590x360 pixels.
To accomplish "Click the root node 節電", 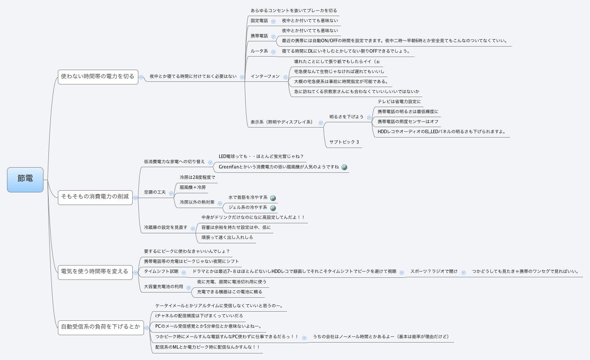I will tap(25, 179).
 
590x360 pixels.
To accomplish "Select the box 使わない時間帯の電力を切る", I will tap(97, 76).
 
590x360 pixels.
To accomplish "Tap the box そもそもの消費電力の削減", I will tap(95, 197).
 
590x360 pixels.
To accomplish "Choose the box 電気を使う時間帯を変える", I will tap(94, 272).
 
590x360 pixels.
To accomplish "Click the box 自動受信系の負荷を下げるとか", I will tap(101, 327).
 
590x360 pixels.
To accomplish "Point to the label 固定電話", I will tap(259, 20).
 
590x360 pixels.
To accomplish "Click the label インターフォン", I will tap(265, 77).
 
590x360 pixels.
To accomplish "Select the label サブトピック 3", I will tap(344, 142).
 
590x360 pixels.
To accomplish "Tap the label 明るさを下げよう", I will tap(346, 117).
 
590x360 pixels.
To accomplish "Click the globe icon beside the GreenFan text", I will tap(344, 167).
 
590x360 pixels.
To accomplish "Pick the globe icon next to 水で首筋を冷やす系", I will tap(273, 198).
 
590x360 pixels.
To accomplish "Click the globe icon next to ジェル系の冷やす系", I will tap(273, 208).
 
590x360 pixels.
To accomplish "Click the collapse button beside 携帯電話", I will tap(273, 36).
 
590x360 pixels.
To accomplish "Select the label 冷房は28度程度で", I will tap(197, 178).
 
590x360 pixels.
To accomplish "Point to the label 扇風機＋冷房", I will tap(193, 188).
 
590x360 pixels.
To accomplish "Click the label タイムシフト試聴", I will tap(161, 272).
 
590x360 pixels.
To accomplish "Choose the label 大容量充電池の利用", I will tap(164, 287).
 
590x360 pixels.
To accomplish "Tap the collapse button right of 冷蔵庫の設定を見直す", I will tap(193, 228).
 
